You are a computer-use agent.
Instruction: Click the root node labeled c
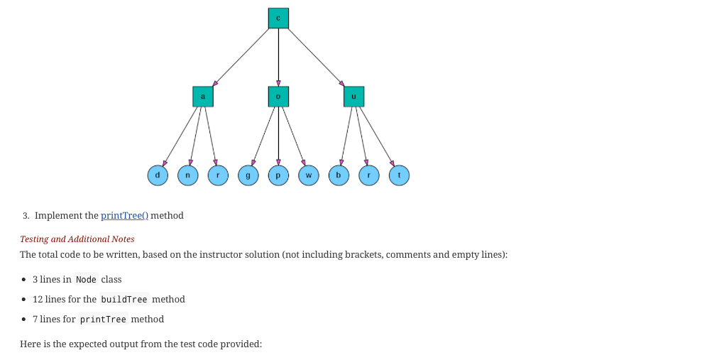point(278,18)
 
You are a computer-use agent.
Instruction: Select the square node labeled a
point(203,97)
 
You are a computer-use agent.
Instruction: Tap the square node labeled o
point(278,97)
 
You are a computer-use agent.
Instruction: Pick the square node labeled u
point(353,97)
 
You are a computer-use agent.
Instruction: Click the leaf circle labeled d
point(158,175)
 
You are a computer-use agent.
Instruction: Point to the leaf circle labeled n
point(188,175)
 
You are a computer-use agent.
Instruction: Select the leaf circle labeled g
point(248,175)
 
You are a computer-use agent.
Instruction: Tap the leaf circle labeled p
point(278,175)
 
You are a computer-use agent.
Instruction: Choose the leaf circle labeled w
point(309,175)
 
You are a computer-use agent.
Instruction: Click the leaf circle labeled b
point(339,175)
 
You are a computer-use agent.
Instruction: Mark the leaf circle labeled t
point(399,175)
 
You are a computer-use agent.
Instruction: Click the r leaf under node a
point(218,175)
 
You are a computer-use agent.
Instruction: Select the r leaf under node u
point(369,175)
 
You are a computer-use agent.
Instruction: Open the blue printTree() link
point(124,215)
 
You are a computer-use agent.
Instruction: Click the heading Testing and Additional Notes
point(77,239)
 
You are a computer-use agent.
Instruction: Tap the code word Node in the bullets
point(86,280)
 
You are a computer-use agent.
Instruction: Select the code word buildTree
point(124,300)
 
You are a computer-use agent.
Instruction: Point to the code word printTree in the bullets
point(103,320)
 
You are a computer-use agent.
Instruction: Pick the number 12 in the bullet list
point(38,300)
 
